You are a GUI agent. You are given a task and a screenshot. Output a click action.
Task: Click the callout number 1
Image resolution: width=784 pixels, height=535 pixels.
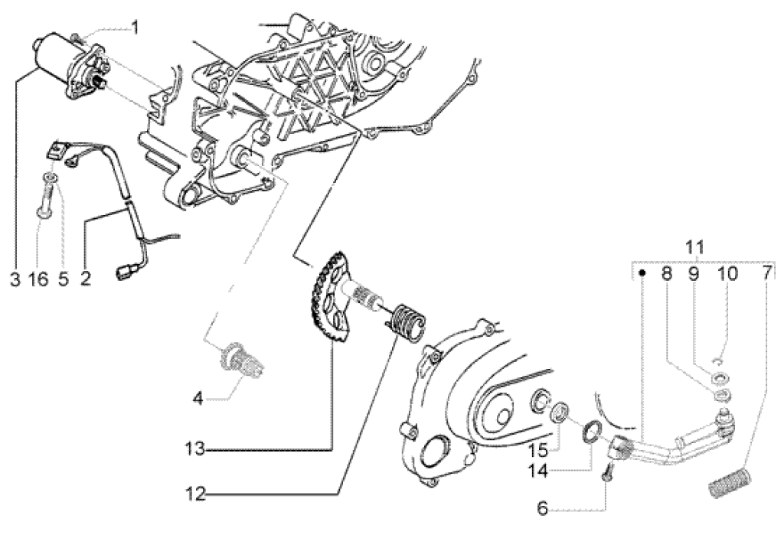pyautogui.click(x=135, y=29)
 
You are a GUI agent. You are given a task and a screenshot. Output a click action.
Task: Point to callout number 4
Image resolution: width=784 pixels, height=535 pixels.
pyautogui.click(x=198, y=397)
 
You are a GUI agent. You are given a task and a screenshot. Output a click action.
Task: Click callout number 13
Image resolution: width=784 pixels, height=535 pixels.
pyautogui.click(x=194, y=449)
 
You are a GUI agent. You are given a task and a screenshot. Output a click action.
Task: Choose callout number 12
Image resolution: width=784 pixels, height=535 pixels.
pyautogui.click(x=196, y=494)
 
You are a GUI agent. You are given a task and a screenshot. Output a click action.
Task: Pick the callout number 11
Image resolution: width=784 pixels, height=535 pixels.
pyautogui.click(x=694, y=247)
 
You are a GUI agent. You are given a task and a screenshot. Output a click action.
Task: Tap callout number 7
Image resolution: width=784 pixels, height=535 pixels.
pyautogui.click(x=767, y=272)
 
